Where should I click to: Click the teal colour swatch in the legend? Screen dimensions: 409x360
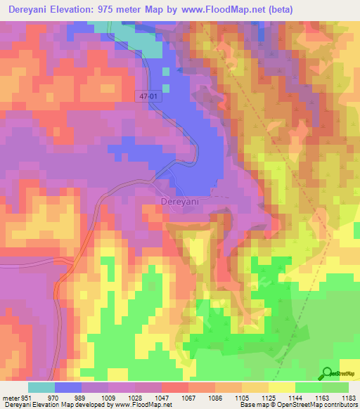pos(41,387)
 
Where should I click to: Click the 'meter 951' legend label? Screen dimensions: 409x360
pos(15,398)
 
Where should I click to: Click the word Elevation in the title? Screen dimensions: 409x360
pos(77,9)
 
